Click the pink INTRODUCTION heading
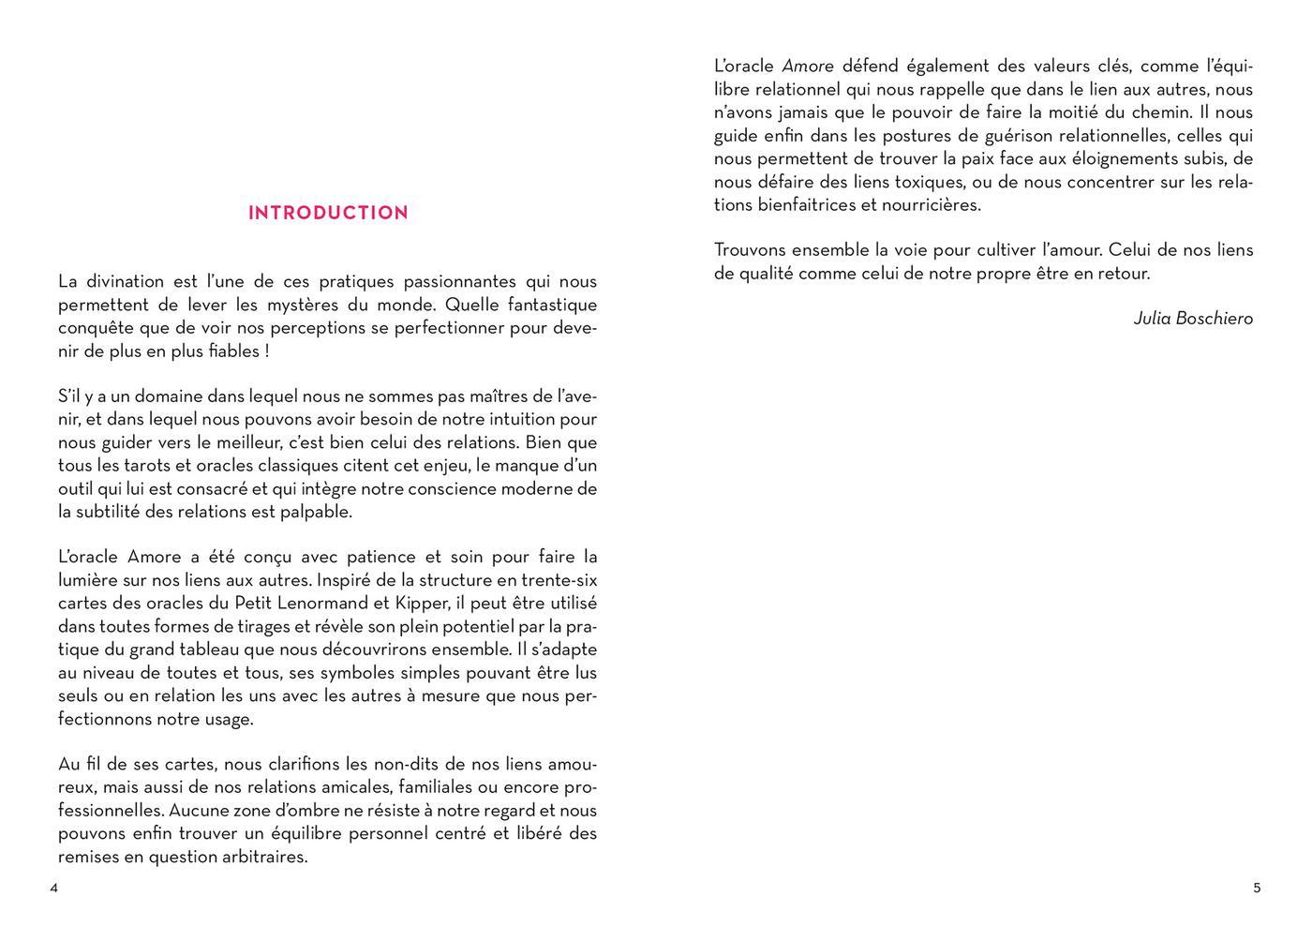(328, 213)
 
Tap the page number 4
(54, 889)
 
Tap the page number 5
(1257, 889)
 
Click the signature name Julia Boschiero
(1193, 319)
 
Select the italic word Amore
(808, 67)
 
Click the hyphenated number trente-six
(559, 580)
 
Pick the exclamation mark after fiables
(266, 351)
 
